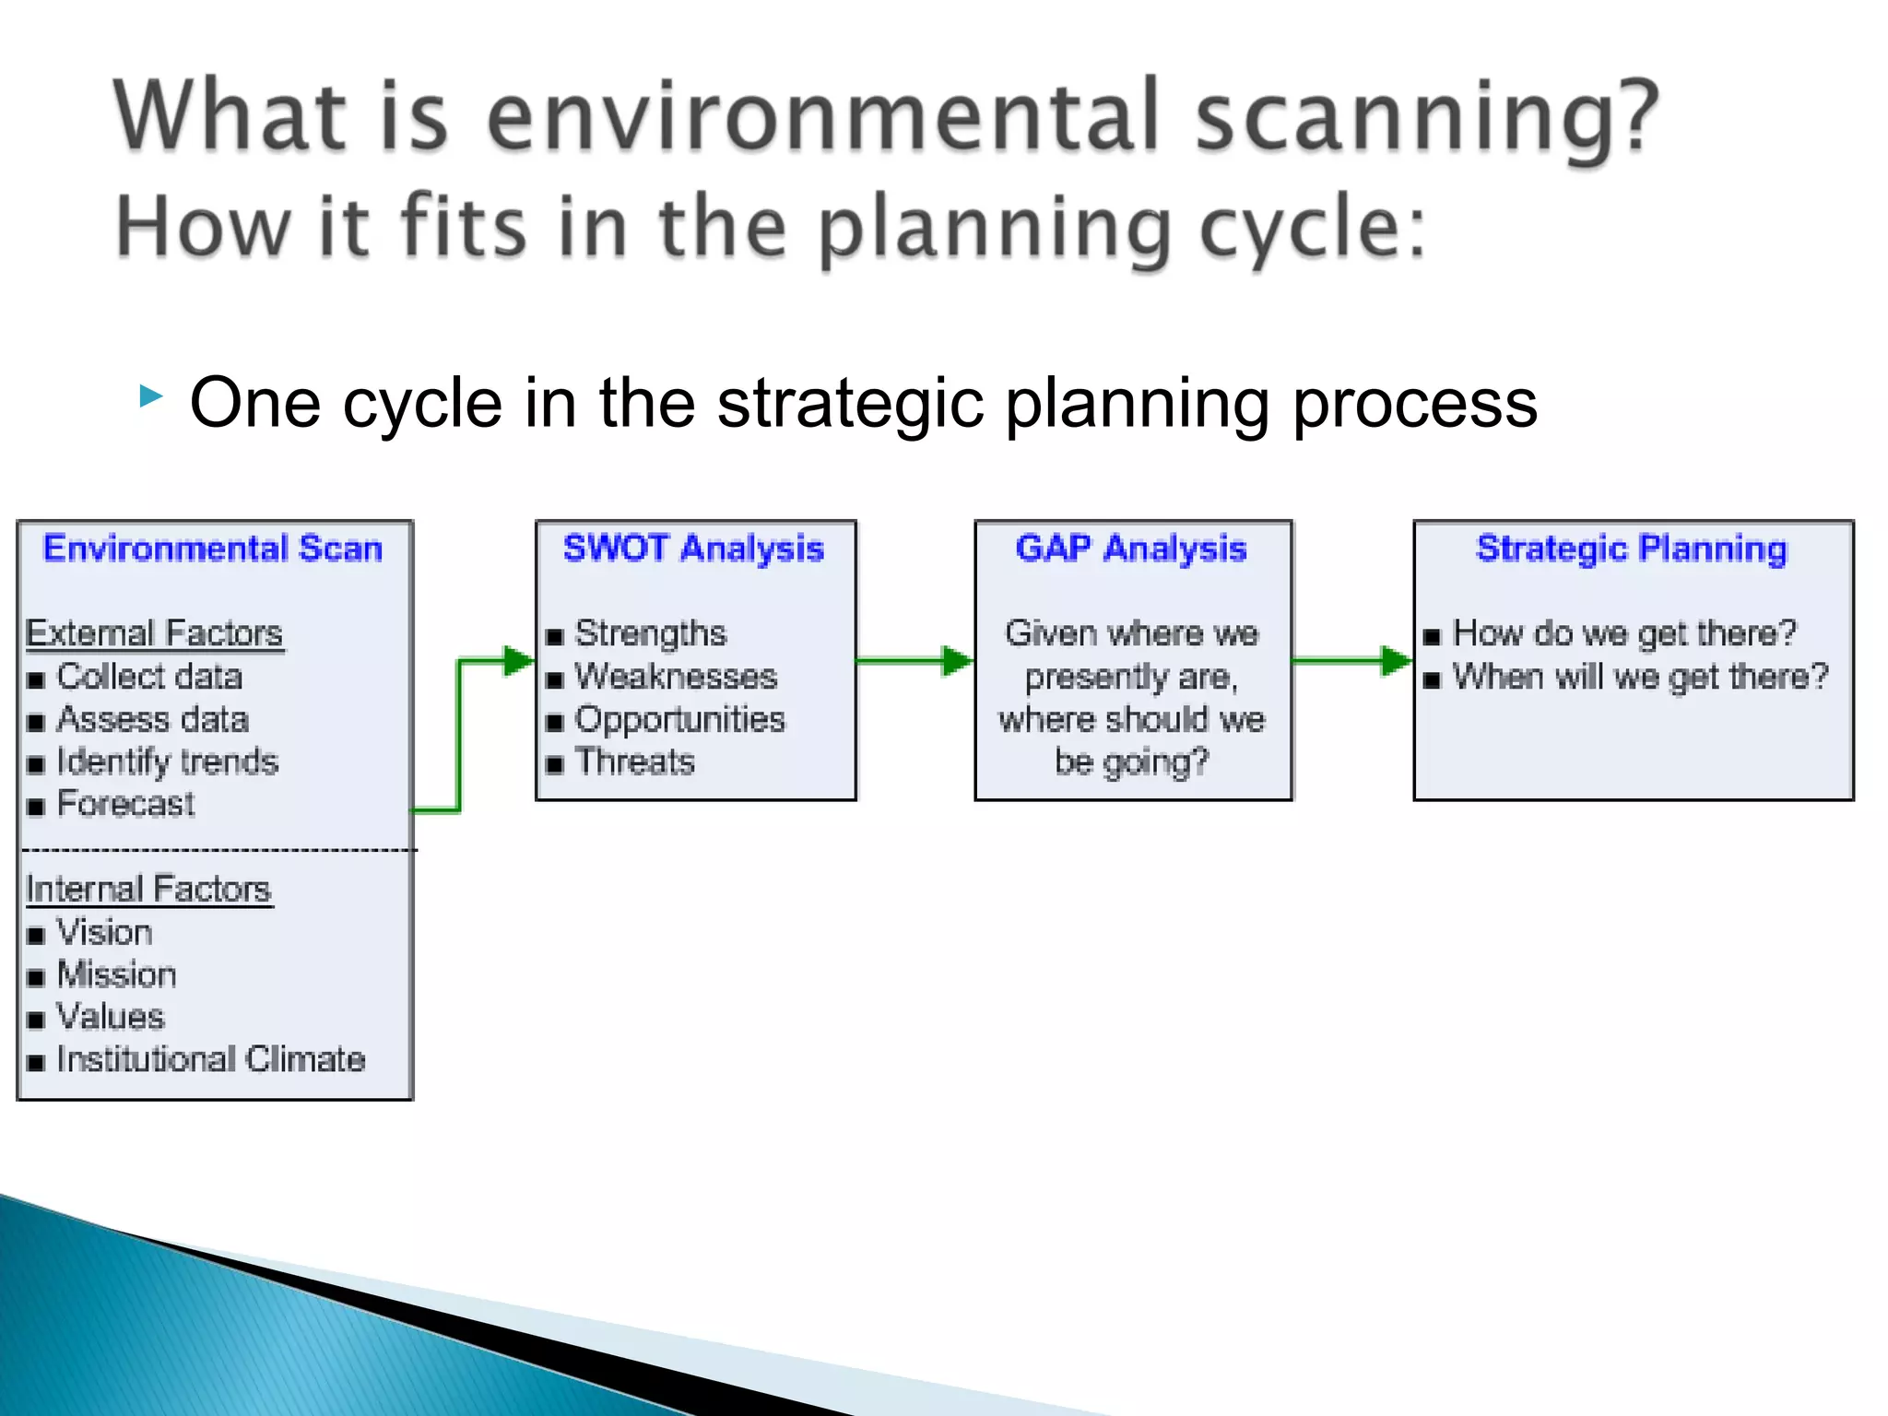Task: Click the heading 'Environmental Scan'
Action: (213, 549)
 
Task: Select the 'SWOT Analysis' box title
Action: (693, 549)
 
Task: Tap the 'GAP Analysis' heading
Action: (1131, 549)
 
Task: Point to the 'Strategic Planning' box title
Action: (1632, 549)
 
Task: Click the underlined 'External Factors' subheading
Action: (154, 633)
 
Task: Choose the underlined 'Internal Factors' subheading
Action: (148, 889)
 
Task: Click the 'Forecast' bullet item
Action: (125, 804)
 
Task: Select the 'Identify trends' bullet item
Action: (167, 761)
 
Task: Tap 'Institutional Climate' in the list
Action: (210, 1059)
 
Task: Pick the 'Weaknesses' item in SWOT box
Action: (676, 677)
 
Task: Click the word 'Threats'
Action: (634, 761)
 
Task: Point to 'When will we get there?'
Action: (1640, 677)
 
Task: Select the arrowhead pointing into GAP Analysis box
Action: (957, 660)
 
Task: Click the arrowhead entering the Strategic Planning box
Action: (1396, 660)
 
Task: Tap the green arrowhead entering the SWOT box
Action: (518, 660)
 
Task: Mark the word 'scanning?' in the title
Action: (1426, 116)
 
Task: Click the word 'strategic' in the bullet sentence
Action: (851, 403)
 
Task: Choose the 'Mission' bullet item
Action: (116, 974)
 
